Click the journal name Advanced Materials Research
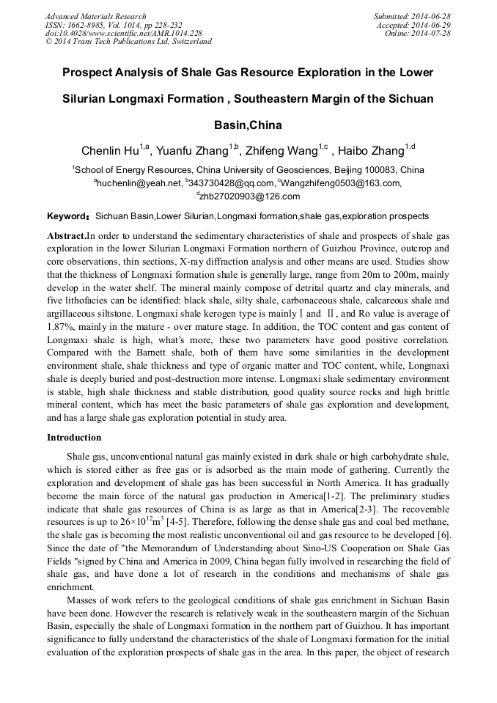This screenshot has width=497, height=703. (x=95, y=16)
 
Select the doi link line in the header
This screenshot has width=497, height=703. (x=124, y=33)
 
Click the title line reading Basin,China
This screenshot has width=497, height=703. (x=248, y=125)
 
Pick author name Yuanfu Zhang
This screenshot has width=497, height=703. (x=193, y=152)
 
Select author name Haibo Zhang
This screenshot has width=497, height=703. (x=373, y=152)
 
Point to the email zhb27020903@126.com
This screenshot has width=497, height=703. (x=249, y=196)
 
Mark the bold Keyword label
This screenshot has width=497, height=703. (x=69, y=217)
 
